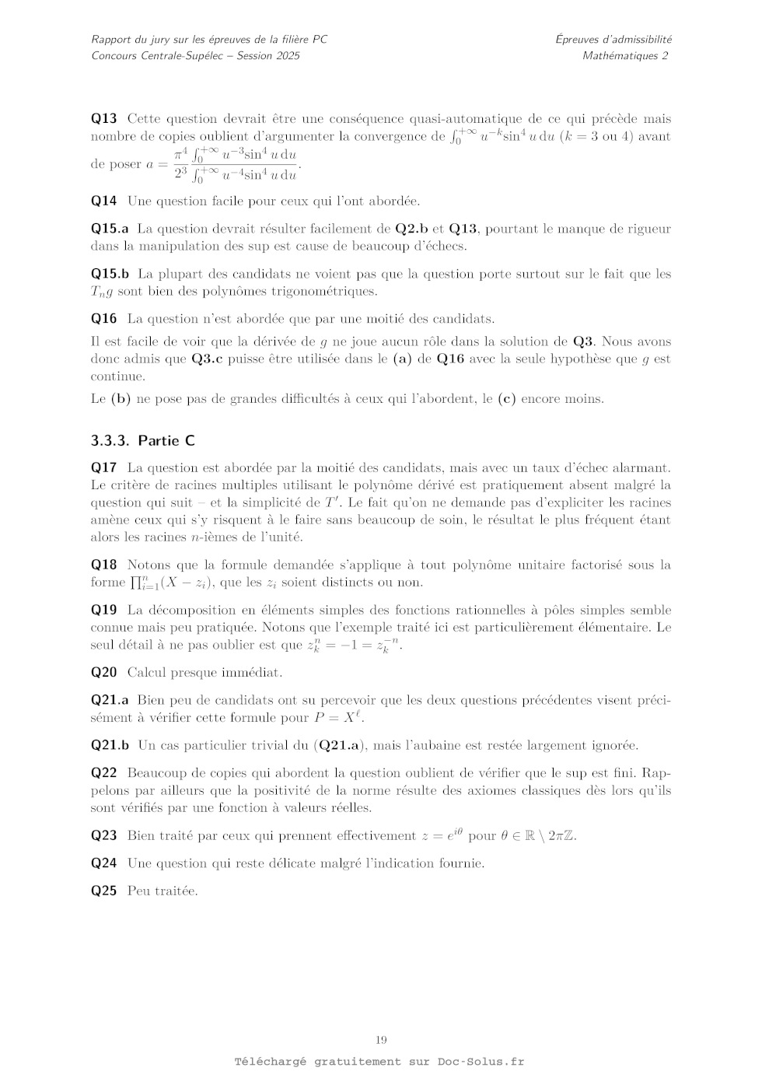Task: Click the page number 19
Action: tap(381, 1040)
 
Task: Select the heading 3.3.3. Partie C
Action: tap(143, 440)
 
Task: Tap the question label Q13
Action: tap(104, 118)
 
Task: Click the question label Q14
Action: tap(104, 201)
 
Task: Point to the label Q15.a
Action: tap(110, 229)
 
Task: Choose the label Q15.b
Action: tap(110, 274)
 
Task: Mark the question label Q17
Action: tap(104, 467)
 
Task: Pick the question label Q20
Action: tap(104, 672)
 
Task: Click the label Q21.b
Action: tap(110, 745)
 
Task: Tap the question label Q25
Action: tap(104, 891)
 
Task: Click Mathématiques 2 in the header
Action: tap(625, 55)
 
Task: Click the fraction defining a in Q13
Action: tap(236, 164)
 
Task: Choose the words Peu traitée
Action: tap(163, 891)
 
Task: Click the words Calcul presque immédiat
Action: tap(205, 672)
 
